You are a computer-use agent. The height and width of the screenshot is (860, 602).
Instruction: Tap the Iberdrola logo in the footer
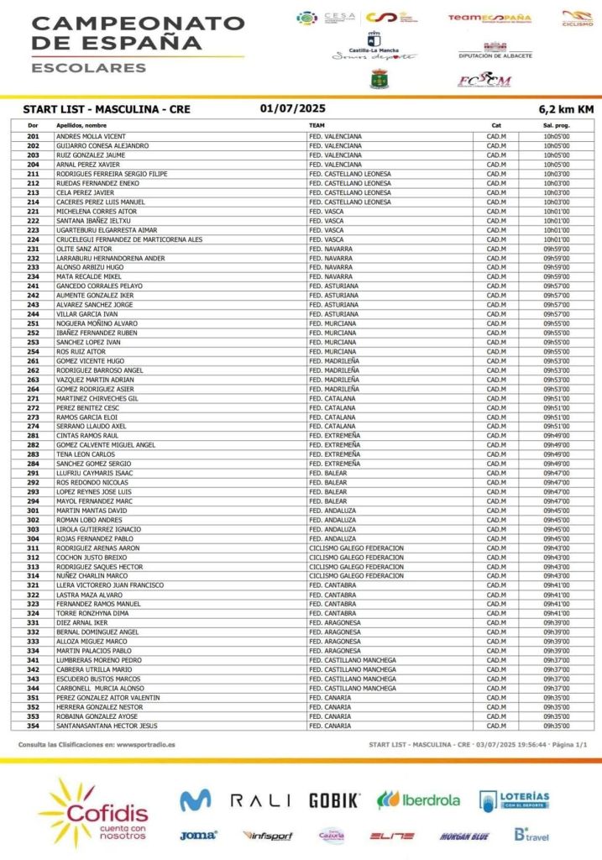[x=419, y=800]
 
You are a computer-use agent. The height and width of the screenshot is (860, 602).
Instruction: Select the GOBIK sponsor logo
[x=334, y=800]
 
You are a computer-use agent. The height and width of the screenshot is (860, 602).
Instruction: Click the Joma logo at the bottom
[x=198, y=835]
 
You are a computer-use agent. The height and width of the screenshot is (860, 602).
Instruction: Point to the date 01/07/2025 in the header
[x=292, y=108]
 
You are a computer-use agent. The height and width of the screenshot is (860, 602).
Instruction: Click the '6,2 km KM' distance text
[x=566, y=109]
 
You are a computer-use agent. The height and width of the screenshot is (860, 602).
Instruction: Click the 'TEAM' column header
[x=317, y=125]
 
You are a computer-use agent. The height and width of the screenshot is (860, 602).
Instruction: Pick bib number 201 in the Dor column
[x=33, y=136]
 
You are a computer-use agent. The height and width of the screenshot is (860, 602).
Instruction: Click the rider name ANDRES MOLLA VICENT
[x=91, y=136]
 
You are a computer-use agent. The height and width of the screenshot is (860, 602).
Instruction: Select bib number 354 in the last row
[x=33, y=726]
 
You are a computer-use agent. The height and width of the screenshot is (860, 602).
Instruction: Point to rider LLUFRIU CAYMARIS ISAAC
[x=96, y=474]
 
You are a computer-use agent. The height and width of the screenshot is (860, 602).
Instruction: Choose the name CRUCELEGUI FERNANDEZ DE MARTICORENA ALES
[x=129, y=239]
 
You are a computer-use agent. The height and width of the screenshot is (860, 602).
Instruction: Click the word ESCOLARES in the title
[x=88, y=67]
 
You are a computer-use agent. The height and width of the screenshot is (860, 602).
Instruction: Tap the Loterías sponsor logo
[x=514, y=800]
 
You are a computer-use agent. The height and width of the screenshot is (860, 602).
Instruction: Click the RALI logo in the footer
[x=260, y=800]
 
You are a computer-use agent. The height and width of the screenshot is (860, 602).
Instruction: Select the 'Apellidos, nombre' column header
[x=81, y=125]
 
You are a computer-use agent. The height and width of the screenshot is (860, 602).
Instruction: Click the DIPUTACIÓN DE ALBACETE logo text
[x=495, y=55]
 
